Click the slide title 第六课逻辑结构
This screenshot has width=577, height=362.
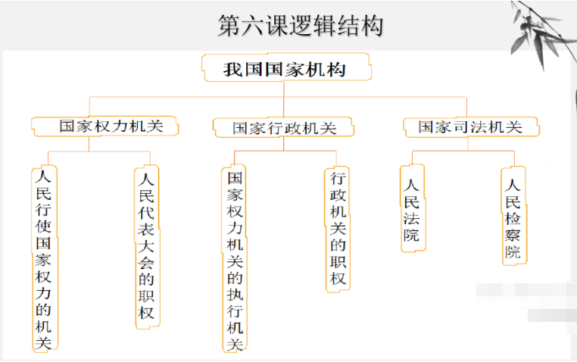pos(300,25)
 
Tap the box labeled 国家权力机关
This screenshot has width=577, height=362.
pos(106,126)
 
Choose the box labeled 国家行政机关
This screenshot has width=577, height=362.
pos(284,128)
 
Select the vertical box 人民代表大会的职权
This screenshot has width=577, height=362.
pos(148,247)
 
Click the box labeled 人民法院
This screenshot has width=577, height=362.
pos(412,209)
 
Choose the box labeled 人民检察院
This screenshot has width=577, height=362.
pos(513,217)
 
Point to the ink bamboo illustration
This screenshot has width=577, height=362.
pos(541,30)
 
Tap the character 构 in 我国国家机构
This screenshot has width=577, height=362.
pos(335,70)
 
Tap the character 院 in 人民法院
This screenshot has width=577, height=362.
pos(412,235)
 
